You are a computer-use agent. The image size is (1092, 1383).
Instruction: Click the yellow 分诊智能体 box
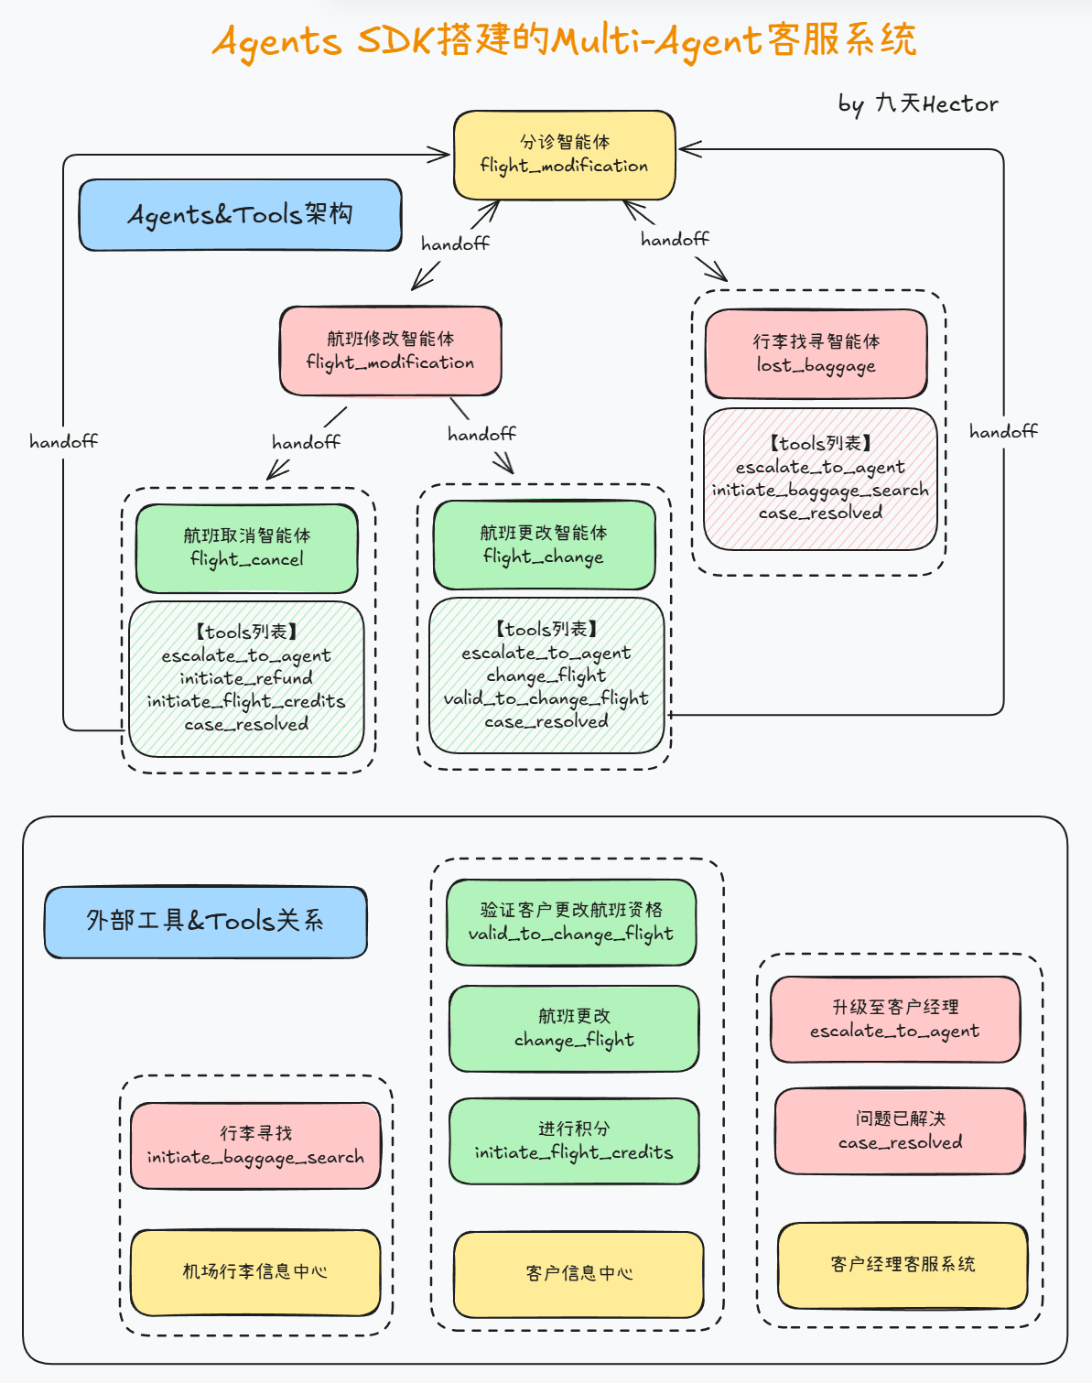(x=564, y=155)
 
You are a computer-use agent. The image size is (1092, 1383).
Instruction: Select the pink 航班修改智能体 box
(x=390, y=351)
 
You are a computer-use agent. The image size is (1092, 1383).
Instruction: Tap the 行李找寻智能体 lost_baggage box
(x=816, y=354)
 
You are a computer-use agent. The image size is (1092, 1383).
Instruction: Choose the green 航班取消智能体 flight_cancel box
(x=246, y=548)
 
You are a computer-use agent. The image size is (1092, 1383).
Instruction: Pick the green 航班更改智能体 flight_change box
(x=544, y=546)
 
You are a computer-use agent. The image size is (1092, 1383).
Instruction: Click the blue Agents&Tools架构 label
(x=240, y=215)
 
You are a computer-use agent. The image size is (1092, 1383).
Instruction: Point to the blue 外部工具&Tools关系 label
(x=205, y=922)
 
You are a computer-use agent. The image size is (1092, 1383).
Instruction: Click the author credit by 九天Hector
(x=917, y=104)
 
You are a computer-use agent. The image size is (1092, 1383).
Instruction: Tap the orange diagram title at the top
(x=564, y=41)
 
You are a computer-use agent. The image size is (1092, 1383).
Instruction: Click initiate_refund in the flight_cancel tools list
(x=246, y=678)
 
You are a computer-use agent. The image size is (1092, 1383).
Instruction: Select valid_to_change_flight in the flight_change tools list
(x=546, y=698)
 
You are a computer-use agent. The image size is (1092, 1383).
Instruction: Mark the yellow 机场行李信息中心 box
(x=254, y=1272)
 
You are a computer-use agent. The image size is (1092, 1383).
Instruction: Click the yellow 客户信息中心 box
(x=578, y=1274)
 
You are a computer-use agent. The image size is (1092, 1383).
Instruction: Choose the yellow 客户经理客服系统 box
(x=903, y=1265)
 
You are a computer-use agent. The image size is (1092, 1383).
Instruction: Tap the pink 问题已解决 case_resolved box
(x=900, y=1131)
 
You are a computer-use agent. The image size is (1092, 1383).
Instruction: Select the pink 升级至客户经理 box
(x=895, y=1020)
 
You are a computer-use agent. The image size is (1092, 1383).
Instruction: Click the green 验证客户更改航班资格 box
(x=571, y=923)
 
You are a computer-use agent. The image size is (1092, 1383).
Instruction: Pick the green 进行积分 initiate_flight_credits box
(x=574, y=1141)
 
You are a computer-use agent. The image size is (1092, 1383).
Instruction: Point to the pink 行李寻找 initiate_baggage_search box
(x=255, y=1146)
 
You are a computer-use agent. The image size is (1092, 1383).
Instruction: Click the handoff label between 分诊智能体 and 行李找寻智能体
(x=675, y=240)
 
